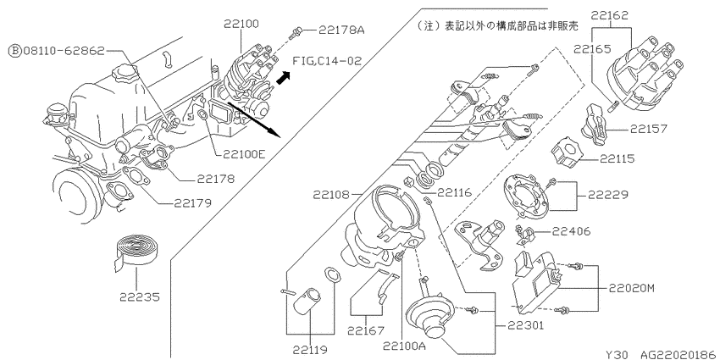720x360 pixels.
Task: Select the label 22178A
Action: point(341,30)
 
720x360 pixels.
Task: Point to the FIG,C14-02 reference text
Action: point(327,61)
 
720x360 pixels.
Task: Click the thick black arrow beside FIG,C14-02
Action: point(284,78)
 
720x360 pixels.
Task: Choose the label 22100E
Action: point(244,155)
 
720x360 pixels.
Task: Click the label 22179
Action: point(192,203)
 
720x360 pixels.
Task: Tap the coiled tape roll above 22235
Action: point(136,248)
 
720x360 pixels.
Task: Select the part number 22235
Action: point(140,297)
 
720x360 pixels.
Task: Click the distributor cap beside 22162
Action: point(640,71)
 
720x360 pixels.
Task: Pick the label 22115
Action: point(617,159)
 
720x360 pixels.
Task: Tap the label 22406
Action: point(571,231)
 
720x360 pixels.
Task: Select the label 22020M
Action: point(631,288)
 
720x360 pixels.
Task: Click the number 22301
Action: point(525,325)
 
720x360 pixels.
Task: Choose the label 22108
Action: point(331,195)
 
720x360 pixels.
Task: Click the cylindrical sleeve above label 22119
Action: point(308,303)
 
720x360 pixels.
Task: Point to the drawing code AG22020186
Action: point(679,354)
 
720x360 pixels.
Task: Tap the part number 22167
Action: point(366,330)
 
